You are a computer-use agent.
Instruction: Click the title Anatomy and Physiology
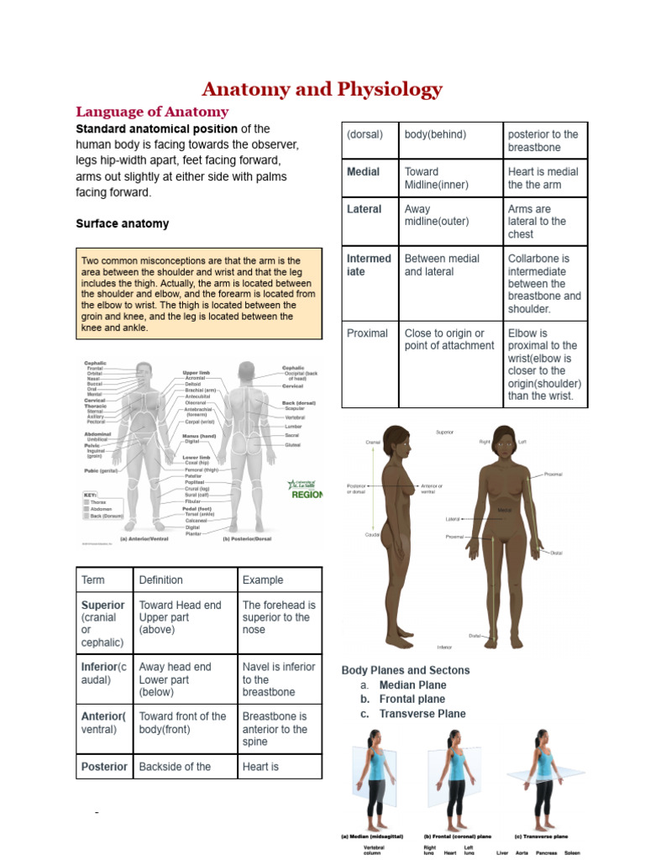point(322,89)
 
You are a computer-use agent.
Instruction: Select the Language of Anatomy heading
point(152,112)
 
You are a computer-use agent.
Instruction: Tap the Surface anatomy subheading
point(122,223)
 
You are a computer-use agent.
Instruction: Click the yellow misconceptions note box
point(199,293)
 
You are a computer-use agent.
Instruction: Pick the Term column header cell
point(93,579)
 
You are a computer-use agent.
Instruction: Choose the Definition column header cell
point(160,579)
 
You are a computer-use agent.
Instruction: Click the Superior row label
point(102,605)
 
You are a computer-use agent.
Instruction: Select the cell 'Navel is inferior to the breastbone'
point(278,679)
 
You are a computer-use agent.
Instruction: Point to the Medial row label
point(363,171)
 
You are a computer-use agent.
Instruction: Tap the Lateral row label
point(364,209)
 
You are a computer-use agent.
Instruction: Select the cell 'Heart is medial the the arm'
point(543,177)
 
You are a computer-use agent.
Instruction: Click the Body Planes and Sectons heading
point(406,670)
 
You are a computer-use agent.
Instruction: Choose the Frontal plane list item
point(412,699)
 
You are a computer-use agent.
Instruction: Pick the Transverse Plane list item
point(422,714)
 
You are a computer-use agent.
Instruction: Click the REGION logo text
point(307,495)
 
